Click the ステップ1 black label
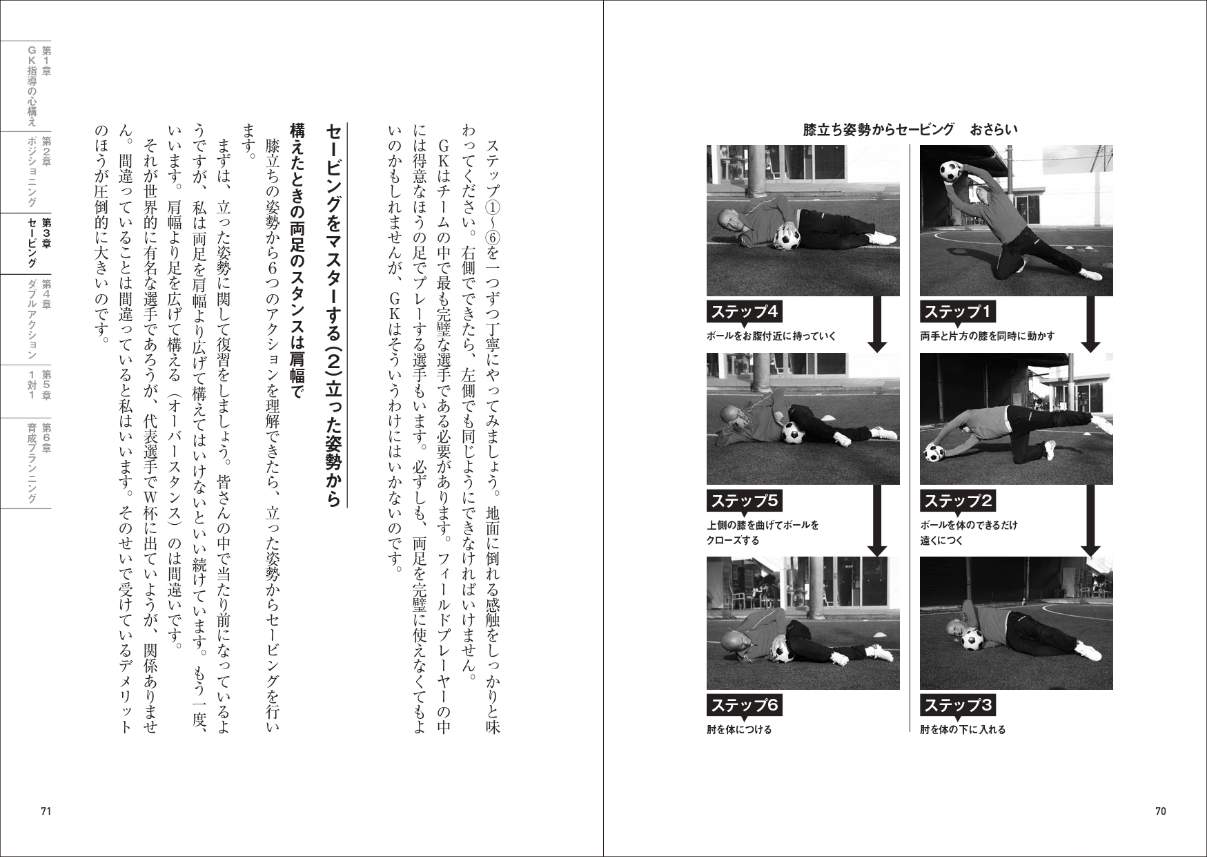957,312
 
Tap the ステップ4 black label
744,312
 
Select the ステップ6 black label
744,705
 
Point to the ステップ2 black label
957,500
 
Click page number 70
1160,811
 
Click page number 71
46,811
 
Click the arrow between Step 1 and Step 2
1090,325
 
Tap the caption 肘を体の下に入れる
962,729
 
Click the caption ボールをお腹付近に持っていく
771,336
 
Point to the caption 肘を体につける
739,729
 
